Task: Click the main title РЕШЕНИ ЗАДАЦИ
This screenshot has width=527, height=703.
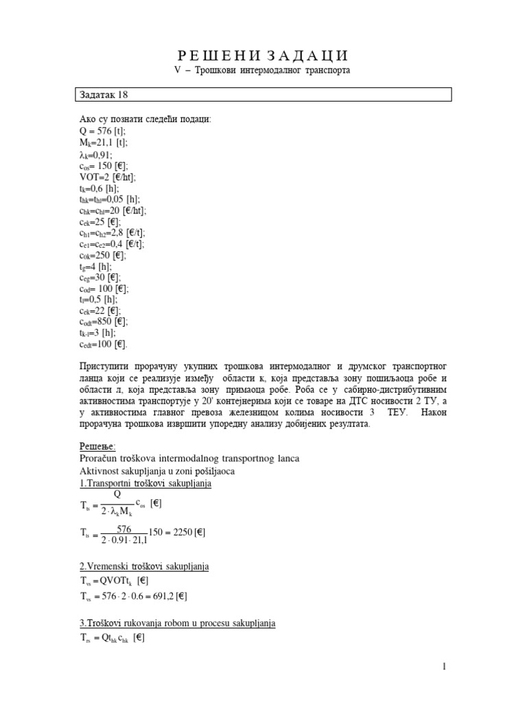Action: coord(263,56)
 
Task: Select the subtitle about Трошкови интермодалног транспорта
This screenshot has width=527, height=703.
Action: coord(263,71)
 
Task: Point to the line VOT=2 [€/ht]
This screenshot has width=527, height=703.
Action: coord(108,176)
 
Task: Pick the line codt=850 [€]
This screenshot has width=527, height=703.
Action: coord(104,321)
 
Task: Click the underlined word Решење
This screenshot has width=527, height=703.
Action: coord(98,447)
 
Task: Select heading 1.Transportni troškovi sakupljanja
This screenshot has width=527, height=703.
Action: coord(146,483)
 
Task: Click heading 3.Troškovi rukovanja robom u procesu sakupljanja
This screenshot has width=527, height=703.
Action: coord(178,623)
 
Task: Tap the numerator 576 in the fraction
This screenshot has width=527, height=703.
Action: coord(124,528)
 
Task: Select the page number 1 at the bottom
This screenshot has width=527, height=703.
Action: coord(445,667)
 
